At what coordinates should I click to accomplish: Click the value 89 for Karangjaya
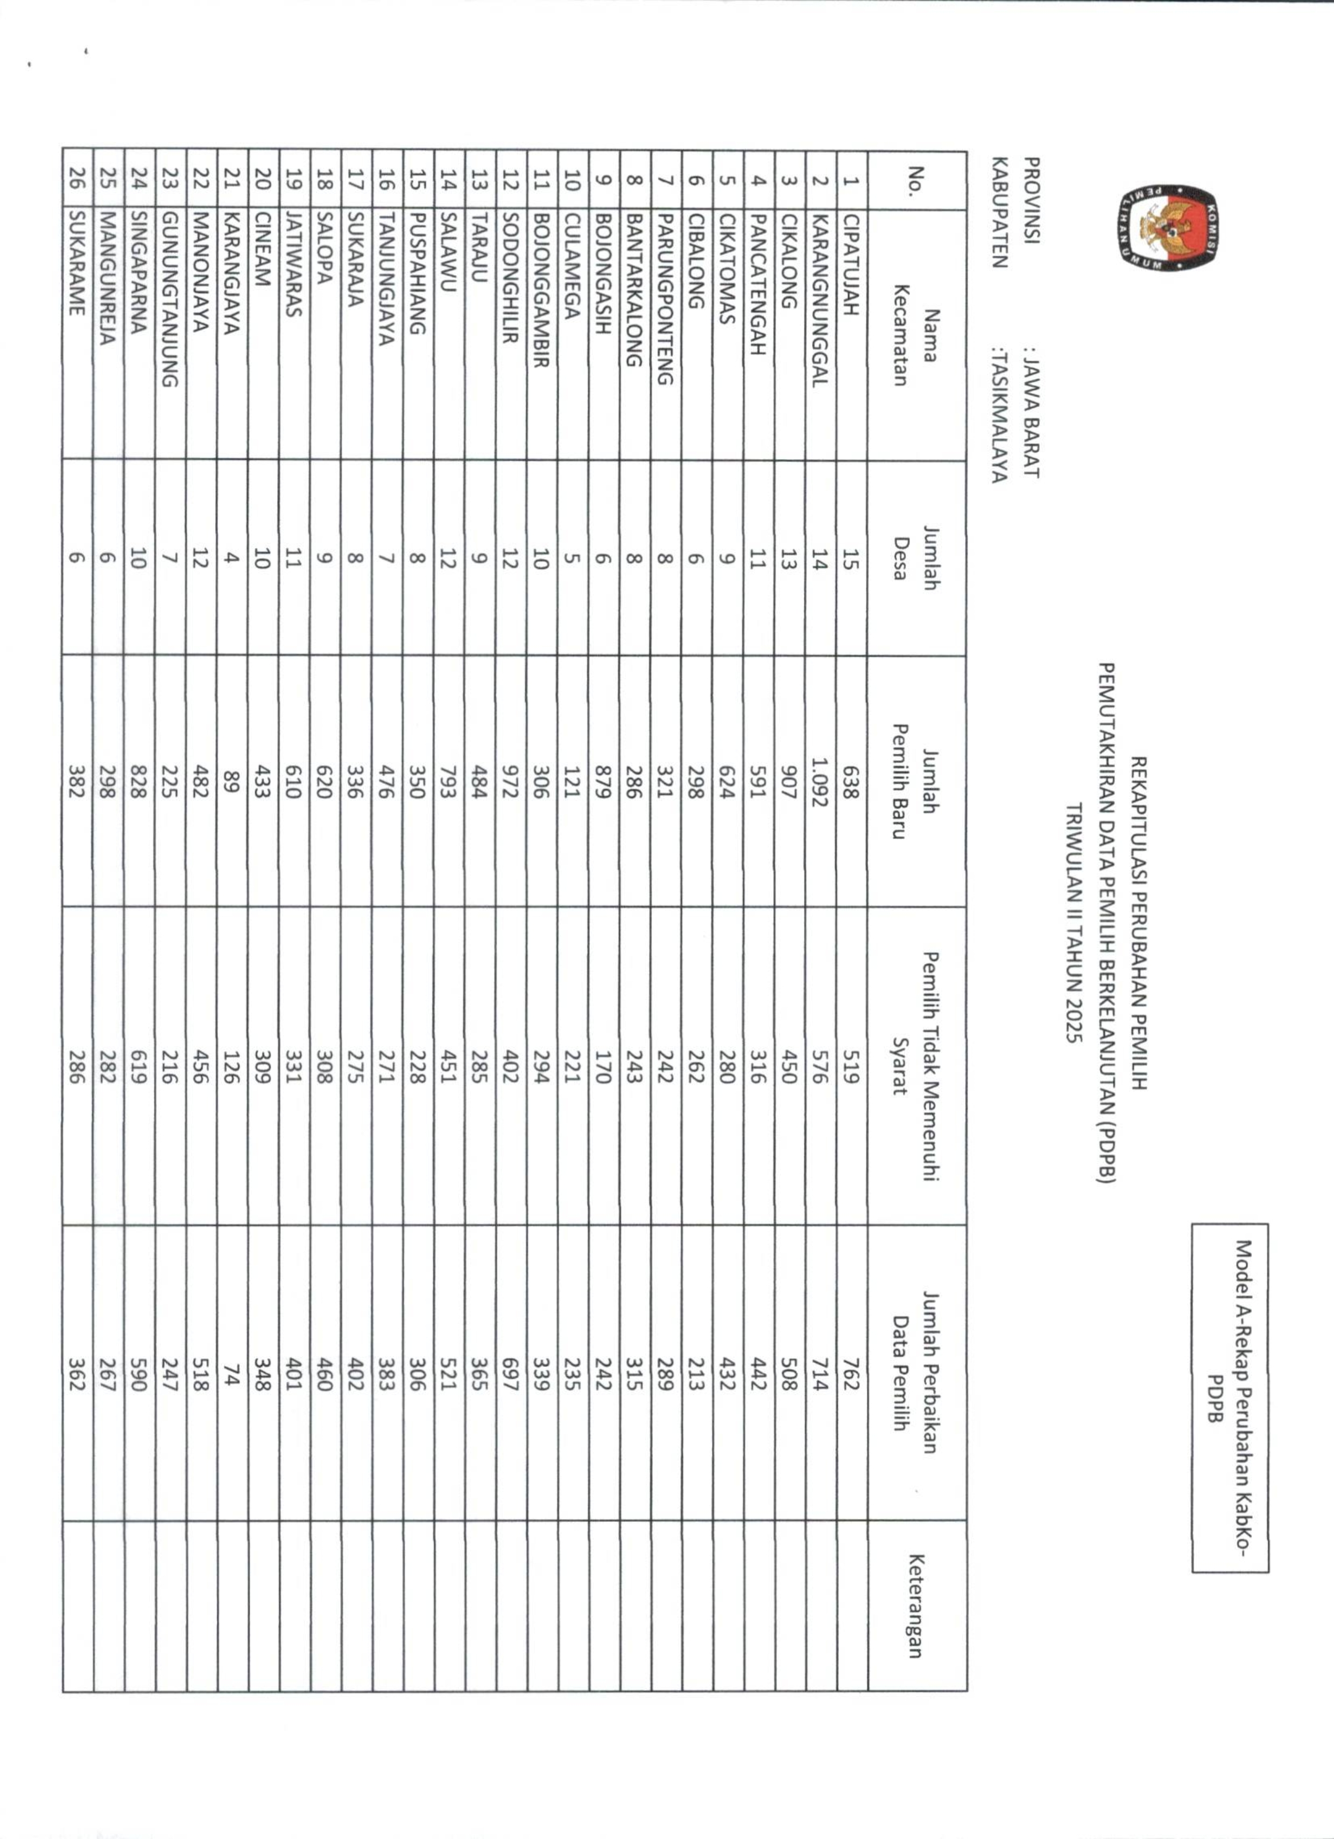pos(230,782)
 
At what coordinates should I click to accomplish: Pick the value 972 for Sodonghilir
pos(510,782)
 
